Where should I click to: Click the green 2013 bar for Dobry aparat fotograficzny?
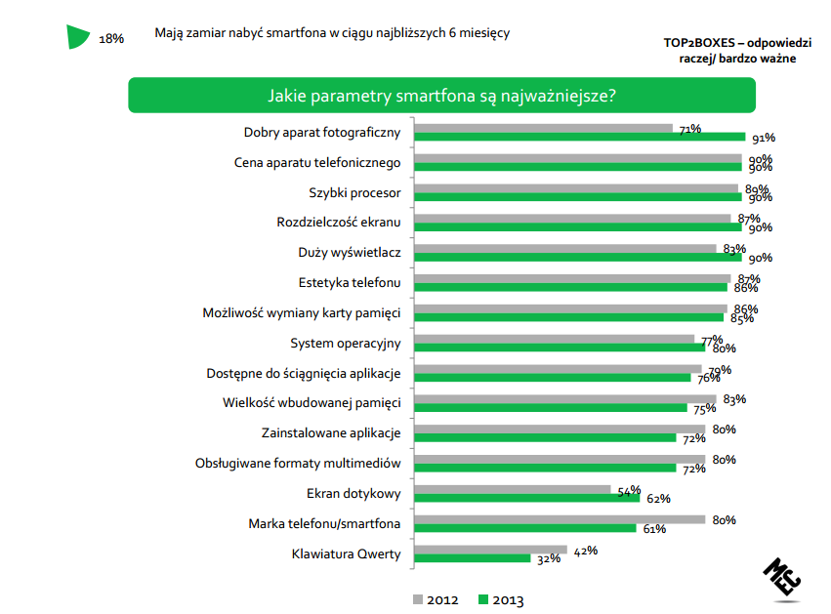580,138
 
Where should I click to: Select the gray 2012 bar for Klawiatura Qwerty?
491,550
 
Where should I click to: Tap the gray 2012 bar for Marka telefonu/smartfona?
560,519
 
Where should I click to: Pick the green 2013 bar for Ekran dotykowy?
527,498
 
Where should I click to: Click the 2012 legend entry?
436,599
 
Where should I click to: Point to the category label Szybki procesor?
355,193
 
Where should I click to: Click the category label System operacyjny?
346,344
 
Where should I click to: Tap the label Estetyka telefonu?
350,283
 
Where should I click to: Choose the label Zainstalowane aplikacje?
331,432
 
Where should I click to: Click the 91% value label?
764,139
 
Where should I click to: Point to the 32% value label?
547,559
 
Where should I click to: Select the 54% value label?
628,489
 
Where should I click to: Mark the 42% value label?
584,550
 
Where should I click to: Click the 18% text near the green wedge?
111,39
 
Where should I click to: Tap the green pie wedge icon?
78,36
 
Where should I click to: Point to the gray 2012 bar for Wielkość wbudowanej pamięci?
565,399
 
